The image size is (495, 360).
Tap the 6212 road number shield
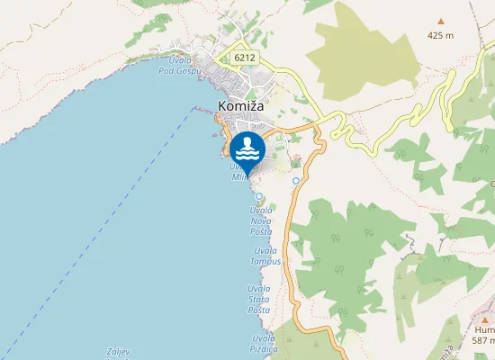[x=244, y=58]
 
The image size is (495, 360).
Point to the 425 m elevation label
[x=441, y=37]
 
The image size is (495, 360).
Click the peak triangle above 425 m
[x=441, y=21]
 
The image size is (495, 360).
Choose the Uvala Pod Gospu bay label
[x=176, y=66]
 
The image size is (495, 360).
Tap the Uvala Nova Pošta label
[x=261, y=220]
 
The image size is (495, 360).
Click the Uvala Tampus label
[x=266, y=256]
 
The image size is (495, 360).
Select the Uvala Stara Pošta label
[x=259, y=298]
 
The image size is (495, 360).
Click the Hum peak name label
[x=485, y=330]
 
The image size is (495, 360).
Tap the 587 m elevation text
[x=484, y=341]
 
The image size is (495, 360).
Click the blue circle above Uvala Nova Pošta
[x=259, y=195]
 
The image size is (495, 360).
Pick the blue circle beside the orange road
[x=296, y=181]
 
